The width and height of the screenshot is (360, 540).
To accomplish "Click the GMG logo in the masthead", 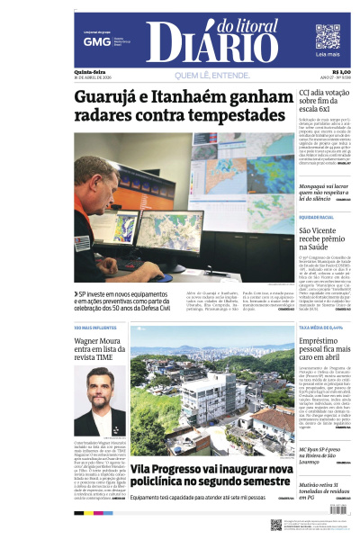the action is tap(91, 41).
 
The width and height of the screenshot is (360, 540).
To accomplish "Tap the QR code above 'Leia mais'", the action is tap(328, 36).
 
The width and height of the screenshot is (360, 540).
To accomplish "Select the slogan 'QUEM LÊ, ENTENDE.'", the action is tap(209, 75).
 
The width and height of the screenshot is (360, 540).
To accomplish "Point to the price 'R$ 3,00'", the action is tap(341, 72).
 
